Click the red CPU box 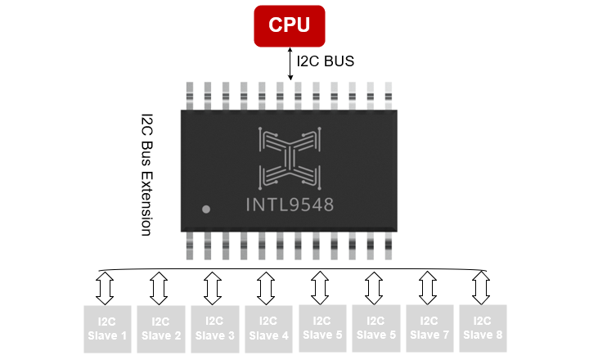pos(290,25)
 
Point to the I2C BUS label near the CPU pos(325,61)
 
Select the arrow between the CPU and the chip pos(290,64)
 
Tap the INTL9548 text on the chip pos(290,205)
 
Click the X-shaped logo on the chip pos(289,155)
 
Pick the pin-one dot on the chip pos(206,209)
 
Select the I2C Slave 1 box pos(107,329)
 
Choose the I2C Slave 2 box pos(160,329)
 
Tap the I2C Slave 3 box pos(214,329)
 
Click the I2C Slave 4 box pos(268,329)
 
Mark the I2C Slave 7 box pos(429,329)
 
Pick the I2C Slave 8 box pos(483,329)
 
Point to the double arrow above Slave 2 pos(159,287)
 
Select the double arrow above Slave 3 pos(213,287)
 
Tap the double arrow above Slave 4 pos(266,287)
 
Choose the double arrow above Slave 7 pos(428,287)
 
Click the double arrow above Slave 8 pos(481,287)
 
